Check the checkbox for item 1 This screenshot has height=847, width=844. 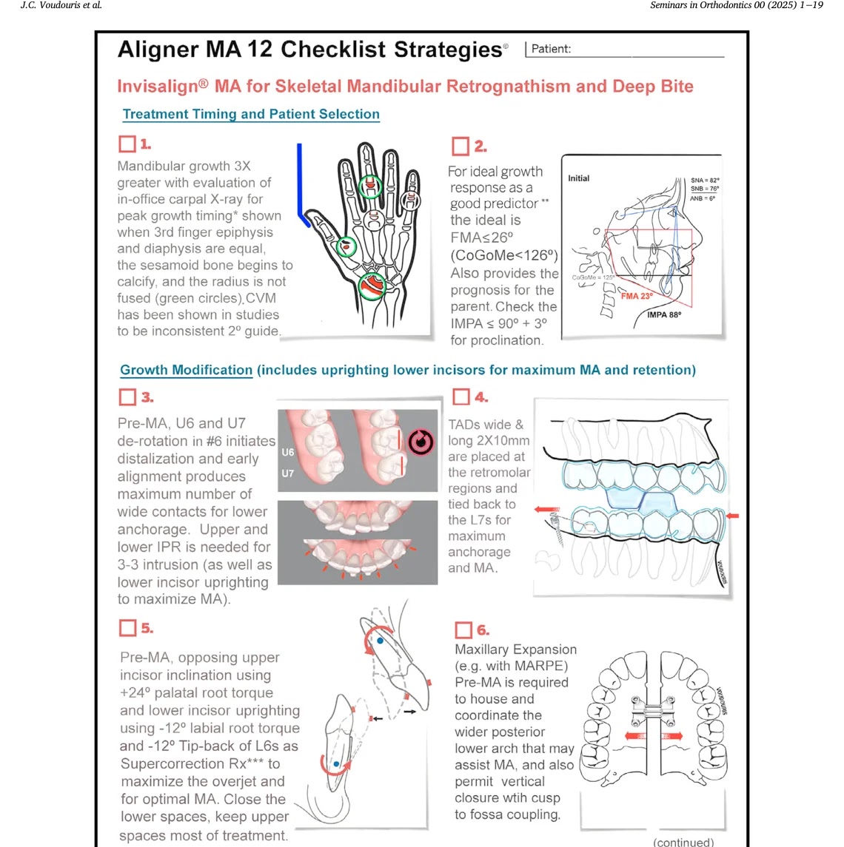click(x=127, y=144)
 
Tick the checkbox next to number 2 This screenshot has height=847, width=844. click(x=460, y=146)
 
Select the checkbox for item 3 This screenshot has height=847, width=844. click(x=127, y=397)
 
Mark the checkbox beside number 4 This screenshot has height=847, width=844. click(x=461, y=397)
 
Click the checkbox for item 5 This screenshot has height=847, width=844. click(x=127, y=628)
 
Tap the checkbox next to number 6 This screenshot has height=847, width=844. click(x=463, y=630)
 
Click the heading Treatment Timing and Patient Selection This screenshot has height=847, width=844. click(x=251, y=114)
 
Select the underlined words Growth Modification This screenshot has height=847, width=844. click(x=187, y=370)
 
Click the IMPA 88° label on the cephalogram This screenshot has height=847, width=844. click(x=663, y=315)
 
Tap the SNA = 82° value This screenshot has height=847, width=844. click(x=704, y=180)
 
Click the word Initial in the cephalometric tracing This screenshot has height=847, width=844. click(x=579, y=178)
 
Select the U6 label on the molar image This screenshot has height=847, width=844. click(x=288, y=452)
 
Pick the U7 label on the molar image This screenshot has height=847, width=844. click(x=288, y=473)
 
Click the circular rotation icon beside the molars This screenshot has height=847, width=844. click(x=421, y=442)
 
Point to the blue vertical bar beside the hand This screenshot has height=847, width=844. click(x=300, y=181)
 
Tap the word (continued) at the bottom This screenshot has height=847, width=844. click(x=683, y=842)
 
